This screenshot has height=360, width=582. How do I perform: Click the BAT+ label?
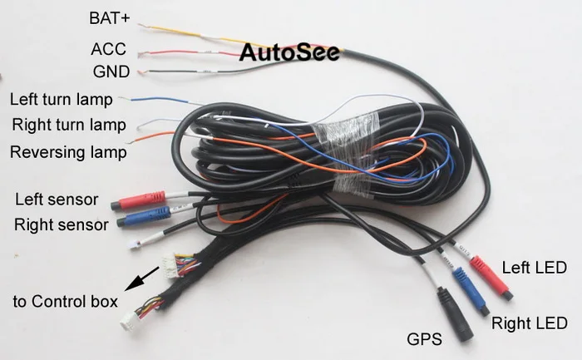[x=110, y=17]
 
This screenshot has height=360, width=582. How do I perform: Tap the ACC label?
[x=108, y=49]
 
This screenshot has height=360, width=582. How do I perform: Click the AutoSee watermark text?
[x=290, y=53]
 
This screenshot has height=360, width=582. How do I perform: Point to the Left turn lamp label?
[x=61, y=100]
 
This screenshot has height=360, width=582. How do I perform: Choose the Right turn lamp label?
[x=68, y=126]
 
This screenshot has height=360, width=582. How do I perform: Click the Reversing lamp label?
[x=68, y=152]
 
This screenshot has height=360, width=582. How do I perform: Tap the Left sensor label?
[x=57, y=200]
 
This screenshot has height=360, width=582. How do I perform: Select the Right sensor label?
[x=62, y=224]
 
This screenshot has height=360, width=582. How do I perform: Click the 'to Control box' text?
[x=65, y=300]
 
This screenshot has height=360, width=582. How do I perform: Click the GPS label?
[x=423, y=338]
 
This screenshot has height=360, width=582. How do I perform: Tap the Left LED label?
[x=533, y=268]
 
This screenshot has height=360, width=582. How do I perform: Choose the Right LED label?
[x=529, y=323]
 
